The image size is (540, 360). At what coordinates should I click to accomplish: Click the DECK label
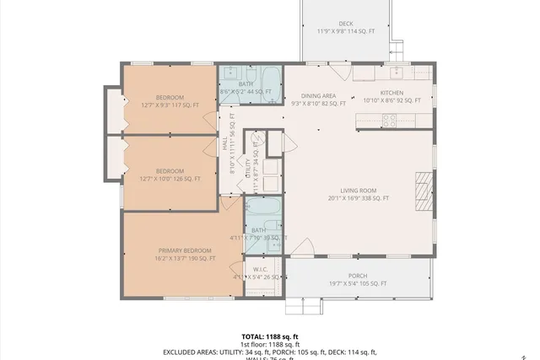346,24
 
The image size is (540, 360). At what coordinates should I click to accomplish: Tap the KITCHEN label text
391,93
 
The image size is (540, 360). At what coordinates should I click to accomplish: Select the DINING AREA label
318,96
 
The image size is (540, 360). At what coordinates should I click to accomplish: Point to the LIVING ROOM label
358,191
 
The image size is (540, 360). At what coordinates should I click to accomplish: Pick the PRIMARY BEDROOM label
185,250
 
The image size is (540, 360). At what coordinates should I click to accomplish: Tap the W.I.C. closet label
260,270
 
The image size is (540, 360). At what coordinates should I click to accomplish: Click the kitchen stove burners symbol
391,121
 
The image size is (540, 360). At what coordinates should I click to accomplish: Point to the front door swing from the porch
302,249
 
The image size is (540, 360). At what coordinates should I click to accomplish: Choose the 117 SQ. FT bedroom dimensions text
170,105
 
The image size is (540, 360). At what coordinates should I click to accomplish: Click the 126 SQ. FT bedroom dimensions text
170,178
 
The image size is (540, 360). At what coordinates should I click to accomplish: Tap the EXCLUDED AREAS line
270,352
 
